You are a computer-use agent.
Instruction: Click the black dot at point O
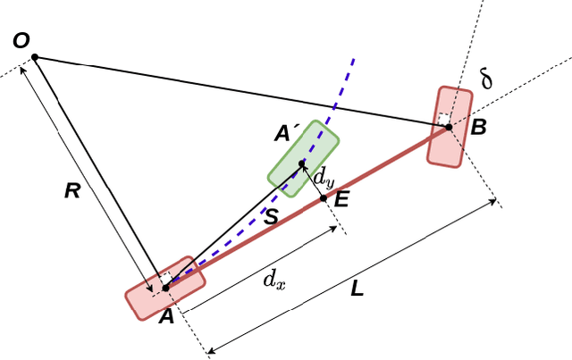(x=35, y=57)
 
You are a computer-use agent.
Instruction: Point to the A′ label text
(x=287, y=134)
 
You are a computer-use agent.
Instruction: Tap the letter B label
(x=478, y=127)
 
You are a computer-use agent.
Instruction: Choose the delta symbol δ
(x=486, y=80)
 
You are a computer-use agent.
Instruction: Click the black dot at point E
(x=324, y=197)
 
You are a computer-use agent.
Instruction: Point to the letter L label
(x=357, y=289)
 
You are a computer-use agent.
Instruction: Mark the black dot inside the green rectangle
(x=302, y=163)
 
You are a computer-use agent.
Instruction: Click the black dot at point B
(x=449, y=127)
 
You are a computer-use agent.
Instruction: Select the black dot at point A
(x=165, y=287)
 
